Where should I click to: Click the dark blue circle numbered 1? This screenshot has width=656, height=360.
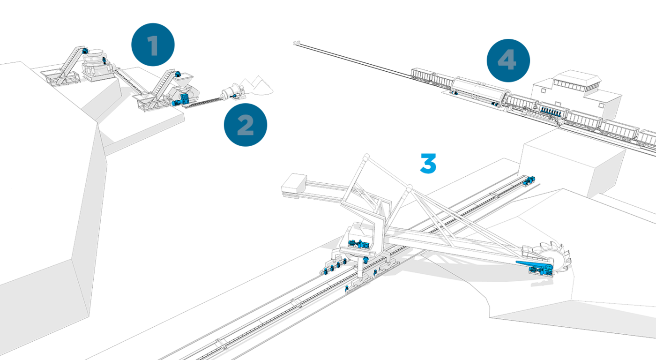tap(153, 45)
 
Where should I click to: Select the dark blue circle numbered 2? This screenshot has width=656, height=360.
tap(245, 125)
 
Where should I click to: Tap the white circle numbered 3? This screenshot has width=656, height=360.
tap(427, 164)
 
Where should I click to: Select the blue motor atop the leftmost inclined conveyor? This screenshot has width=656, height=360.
tap(85, 50)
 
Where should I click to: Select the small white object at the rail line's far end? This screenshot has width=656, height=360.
tap(296, 43)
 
